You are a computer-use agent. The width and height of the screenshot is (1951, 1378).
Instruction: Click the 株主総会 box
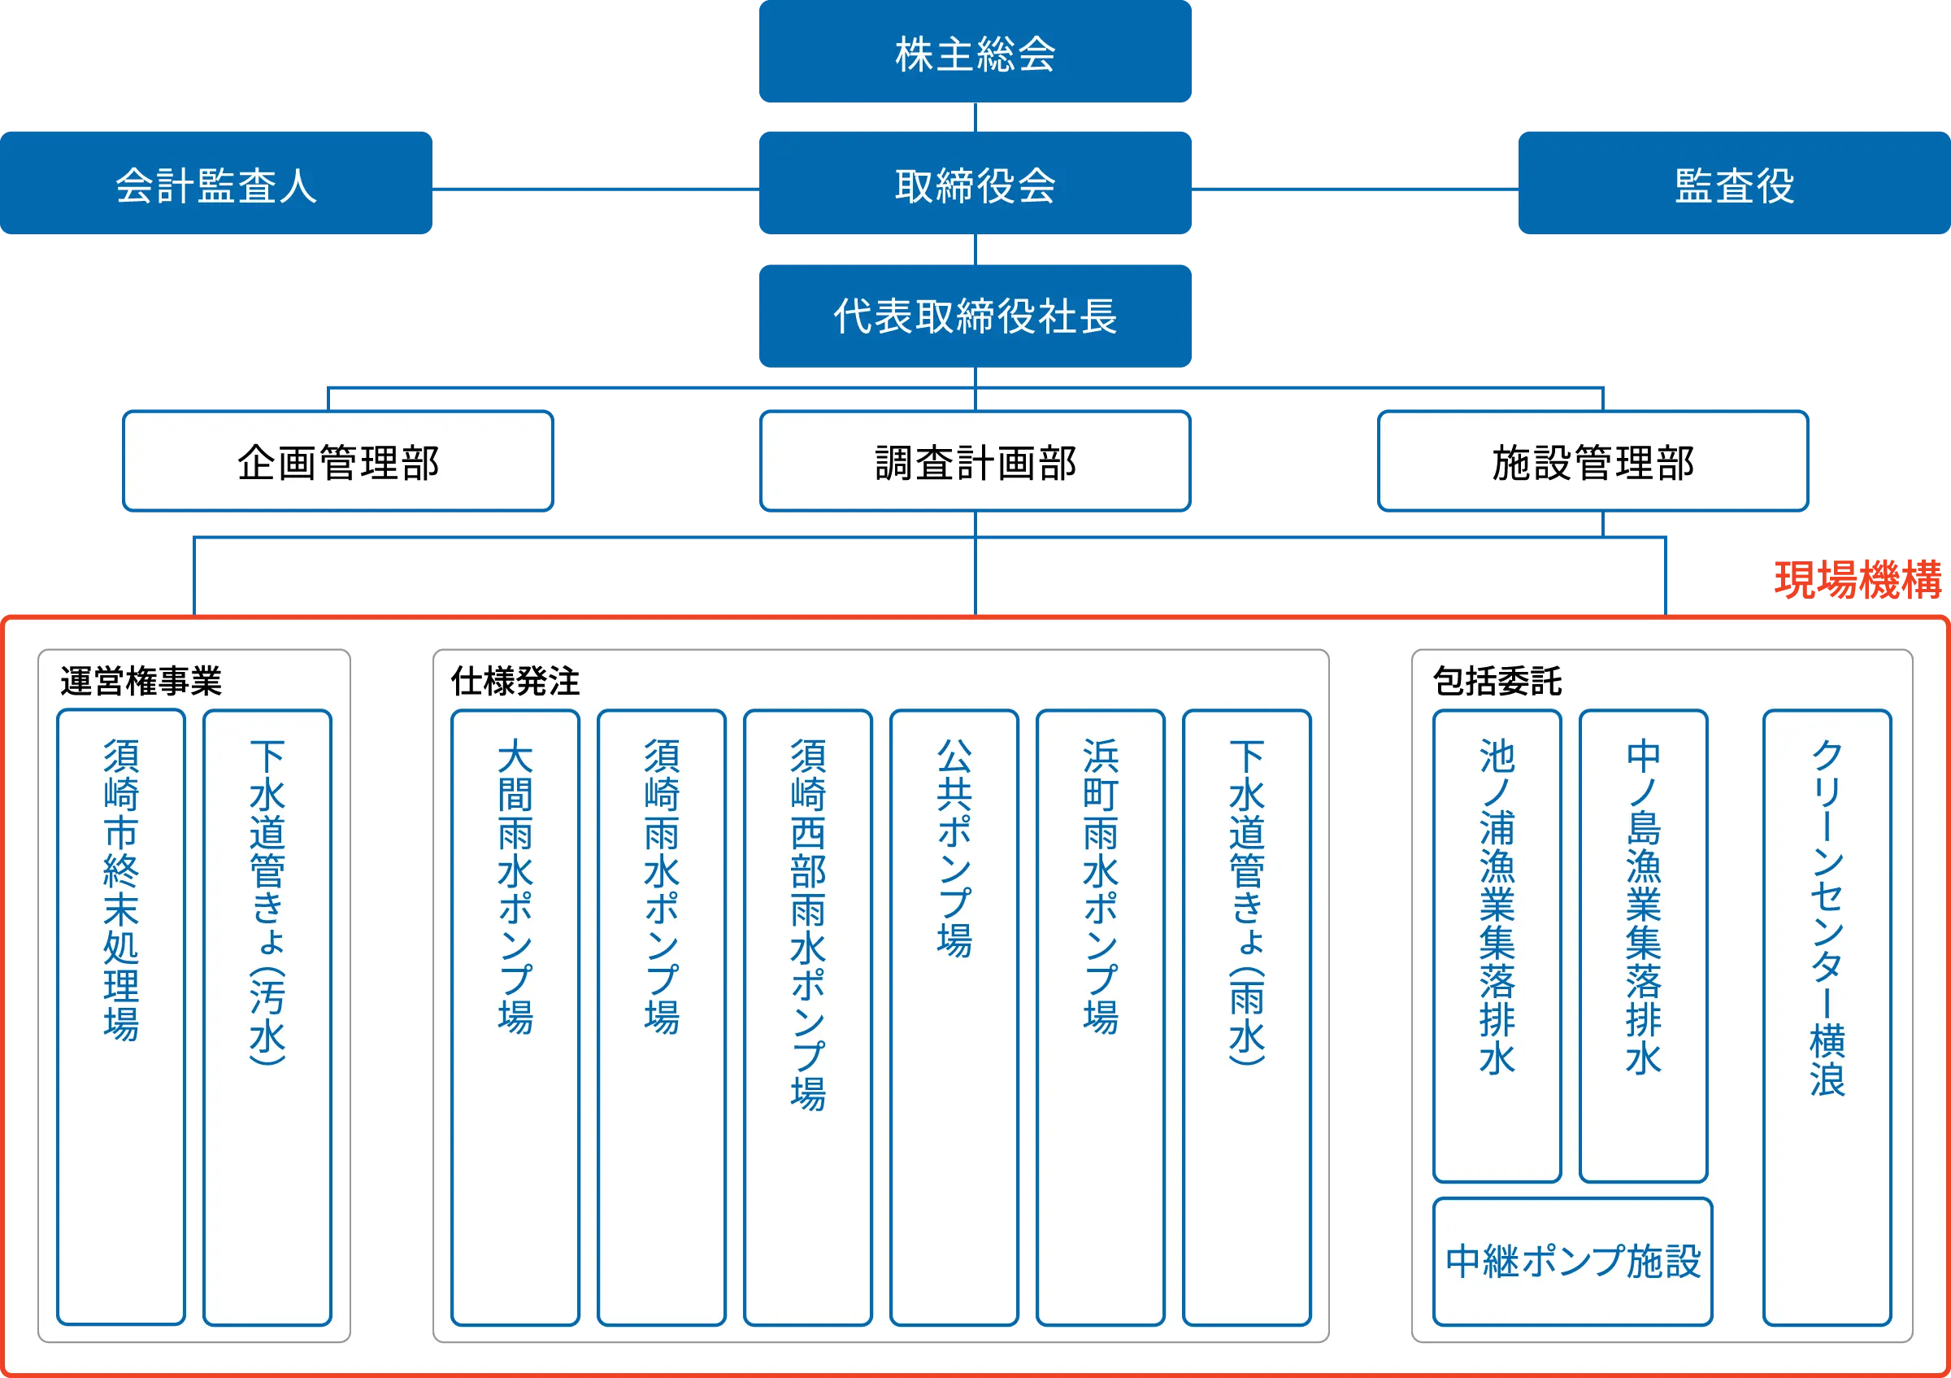[x=975, y=53]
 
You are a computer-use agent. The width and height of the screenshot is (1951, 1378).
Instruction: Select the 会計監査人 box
[x=217, y=184]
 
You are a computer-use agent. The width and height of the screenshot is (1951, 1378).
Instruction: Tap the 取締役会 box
[x=975, y=184]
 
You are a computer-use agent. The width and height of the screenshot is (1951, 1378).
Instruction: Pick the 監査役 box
[x=1732, y=184]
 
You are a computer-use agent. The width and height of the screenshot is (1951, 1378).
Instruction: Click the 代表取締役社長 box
[x=975, y=316]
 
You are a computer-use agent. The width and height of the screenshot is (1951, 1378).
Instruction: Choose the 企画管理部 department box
[x=338, y=461]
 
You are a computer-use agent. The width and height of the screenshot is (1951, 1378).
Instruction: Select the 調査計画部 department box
[x=975, y=461]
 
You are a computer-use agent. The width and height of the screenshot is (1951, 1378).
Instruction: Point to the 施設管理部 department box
[x=1593, y=461]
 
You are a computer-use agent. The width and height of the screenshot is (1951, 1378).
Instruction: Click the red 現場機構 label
[x=1857, y=580]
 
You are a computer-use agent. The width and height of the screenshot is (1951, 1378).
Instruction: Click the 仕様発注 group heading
[x=515, y=681]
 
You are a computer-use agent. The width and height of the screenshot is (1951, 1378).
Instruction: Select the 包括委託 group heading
[x=1497, y=681]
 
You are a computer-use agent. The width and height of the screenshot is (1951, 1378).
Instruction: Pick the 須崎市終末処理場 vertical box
[x=120, y=1016]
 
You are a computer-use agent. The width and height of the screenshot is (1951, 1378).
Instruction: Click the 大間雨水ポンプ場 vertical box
[x=515, y=1016]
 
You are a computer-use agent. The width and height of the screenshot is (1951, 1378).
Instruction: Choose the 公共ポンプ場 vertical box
[x=954, y=1016]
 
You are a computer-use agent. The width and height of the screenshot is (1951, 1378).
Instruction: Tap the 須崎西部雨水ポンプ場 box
[x=807, y=1016]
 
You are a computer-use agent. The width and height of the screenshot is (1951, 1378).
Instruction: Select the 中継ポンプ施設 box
[x=1572, y=1261]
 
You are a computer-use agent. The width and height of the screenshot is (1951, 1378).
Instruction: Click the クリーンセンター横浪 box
[x=1827, y=1016]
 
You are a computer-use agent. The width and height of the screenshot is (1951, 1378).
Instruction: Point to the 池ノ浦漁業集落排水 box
[x=1497, y=945]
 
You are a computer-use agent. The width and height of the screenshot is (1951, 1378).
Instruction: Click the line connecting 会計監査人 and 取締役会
[x=595, y=189]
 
